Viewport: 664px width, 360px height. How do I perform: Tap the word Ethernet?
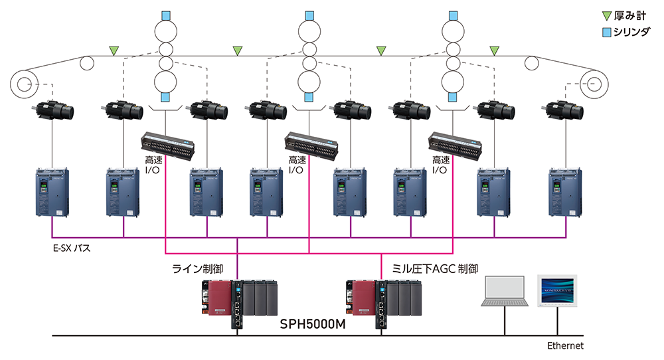coord(565,346)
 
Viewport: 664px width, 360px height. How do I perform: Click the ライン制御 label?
coord(197,269)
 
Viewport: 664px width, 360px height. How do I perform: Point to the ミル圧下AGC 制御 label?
coord(436,269)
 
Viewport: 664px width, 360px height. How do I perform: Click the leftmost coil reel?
coord(25,84)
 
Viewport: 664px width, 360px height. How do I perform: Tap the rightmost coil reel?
coord(594,84)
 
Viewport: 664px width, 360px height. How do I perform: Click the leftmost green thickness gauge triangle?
coord(114,50)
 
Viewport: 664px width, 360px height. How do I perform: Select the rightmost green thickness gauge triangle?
coord(494,50)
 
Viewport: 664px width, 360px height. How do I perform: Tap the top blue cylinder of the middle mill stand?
coord(309,15)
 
